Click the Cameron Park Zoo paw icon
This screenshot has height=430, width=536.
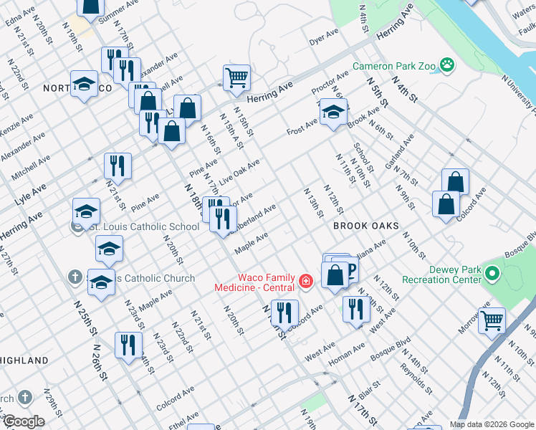point(447,65)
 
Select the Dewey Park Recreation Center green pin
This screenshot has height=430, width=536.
point(492,274)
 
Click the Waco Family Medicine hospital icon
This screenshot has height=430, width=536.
point(306,281)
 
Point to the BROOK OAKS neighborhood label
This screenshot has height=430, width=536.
point(365,226)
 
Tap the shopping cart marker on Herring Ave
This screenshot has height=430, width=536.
point(236,77)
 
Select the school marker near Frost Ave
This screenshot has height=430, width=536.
point(333,112)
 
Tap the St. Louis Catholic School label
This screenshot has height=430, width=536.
point(143,227)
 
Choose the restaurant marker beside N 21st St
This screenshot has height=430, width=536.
point(118,166)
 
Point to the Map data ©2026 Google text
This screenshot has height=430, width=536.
point(492,424)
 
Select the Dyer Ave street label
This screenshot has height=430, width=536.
point(323,37)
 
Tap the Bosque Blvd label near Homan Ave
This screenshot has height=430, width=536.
point(390,347)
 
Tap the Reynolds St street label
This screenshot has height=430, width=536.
point(416,380)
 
